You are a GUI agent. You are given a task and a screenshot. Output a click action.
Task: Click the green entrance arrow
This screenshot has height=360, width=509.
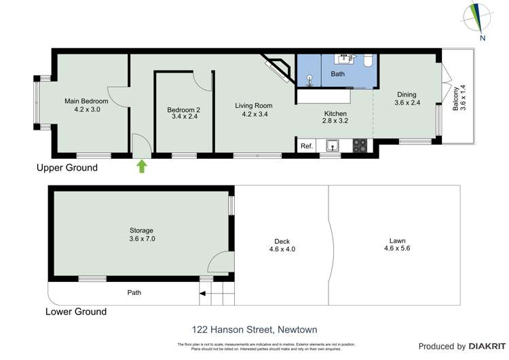point(142,166)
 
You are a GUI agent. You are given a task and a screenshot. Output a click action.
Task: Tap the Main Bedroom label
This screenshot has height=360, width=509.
point(87,101)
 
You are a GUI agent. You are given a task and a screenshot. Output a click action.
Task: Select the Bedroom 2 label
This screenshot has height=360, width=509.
point(184,111)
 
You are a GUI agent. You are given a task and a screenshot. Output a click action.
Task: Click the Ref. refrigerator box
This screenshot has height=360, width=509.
point(306,146)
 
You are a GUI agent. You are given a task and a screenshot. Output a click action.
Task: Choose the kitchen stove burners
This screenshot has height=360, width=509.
point(360,145)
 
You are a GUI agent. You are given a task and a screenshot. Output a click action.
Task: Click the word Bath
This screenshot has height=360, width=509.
point(338,73)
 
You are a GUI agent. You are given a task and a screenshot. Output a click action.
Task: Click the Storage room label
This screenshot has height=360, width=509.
point(142,230)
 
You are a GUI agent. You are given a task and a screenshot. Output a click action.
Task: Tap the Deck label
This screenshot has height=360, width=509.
point(282,241)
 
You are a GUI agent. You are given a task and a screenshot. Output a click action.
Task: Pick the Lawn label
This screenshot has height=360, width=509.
point(397,241)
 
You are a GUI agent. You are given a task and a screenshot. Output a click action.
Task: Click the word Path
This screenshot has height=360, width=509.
point(135,293)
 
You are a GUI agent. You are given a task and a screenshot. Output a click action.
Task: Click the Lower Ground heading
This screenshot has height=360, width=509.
point(75,312)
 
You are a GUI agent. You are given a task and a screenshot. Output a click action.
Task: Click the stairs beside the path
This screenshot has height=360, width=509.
point(216,294)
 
